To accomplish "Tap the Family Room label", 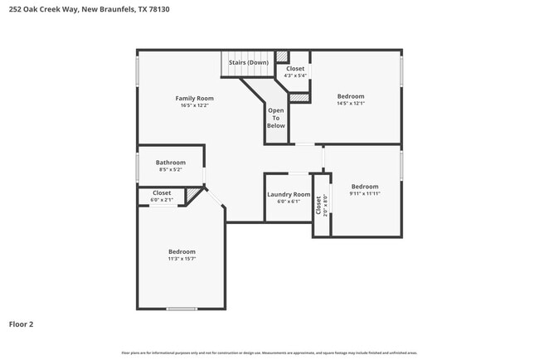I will coord(194,98).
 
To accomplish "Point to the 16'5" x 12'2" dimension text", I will coord(194,105).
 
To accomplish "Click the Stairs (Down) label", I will coord(248,62).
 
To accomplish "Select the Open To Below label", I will coord(276,117).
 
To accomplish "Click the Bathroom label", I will coord(171,163).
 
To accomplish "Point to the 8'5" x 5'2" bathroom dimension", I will coord(171,170).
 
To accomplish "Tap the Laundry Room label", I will coord(289,194).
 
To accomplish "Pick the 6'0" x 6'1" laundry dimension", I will coord(289,202).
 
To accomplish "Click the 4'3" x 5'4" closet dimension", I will coord(295,75).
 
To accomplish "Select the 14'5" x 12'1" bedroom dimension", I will coord(351,104).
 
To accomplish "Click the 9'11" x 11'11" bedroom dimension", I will coord(365,194).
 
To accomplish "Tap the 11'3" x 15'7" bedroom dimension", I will coord(182,259).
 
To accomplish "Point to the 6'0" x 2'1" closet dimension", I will coord(162,200).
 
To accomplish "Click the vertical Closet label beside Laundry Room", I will coord(318,204).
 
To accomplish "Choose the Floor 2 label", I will coord(21,324).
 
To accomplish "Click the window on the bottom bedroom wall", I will coord(182,309).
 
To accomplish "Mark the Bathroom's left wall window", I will coord(138,166).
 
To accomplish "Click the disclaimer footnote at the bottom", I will coord(269,353).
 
